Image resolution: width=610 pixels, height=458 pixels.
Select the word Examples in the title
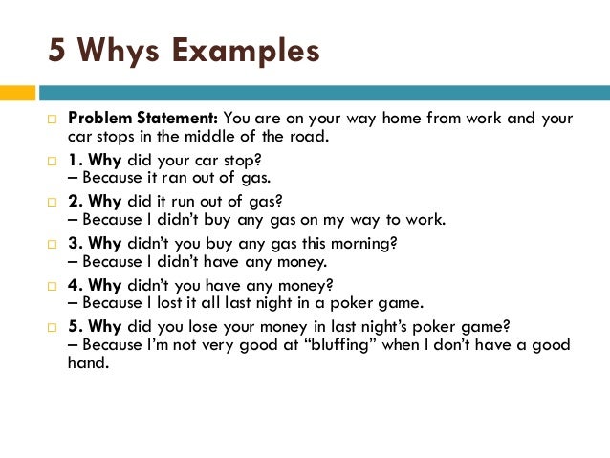click(x=247, y=50)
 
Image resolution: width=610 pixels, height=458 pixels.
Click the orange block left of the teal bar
click(x=18, y=93)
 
